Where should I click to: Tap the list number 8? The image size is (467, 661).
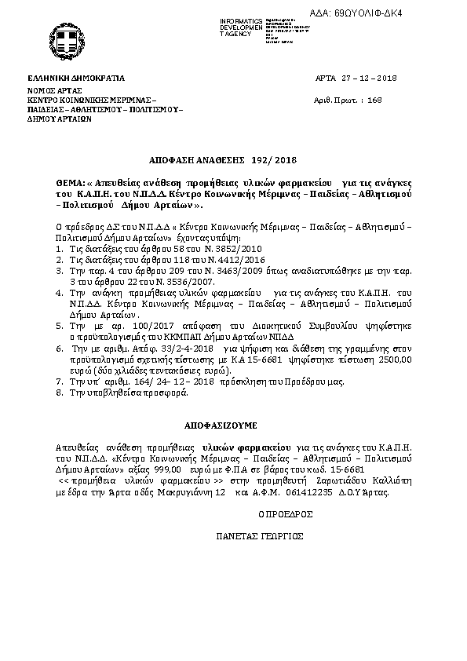60,390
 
